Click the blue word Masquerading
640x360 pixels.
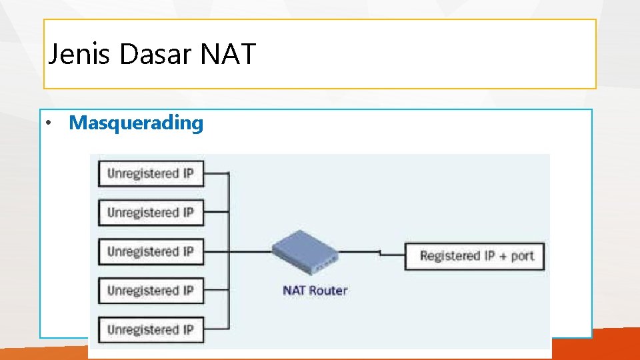pos(136,123)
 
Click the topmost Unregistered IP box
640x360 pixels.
pos(151,174)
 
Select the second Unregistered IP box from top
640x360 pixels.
pos(151,213)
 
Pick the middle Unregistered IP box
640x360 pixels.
pos(151,252)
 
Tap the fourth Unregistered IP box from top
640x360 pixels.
pos(151,291)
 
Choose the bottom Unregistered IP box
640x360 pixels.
pos(151,329)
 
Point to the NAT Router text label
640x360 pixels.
pos(315,291)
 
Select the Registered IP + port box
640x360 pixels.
pos(476,256)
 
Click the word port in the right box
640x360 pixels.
pos(523,257)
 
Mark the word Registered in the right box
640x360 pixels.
pos(450,256)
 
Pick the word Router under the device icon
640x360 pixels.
pos(328,291)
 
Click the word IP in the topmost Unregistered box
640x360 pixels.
pos(188,174)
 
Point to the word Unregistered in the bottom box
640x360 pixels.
pos(143,329)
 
